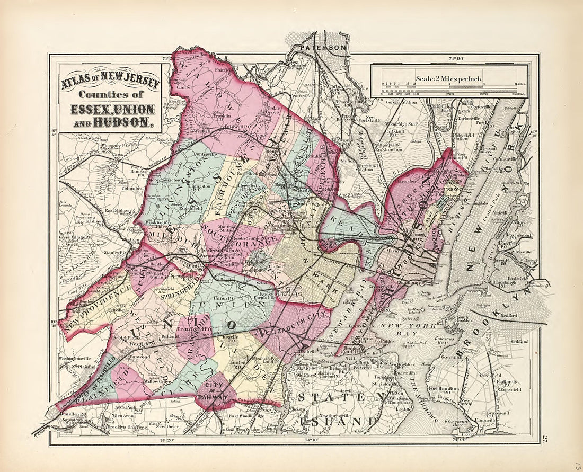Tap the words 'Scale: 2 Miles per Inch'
pyautogui.click(x=448, y=79)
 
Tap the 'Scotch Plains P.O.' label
pyautogui.click(x=128, y=340)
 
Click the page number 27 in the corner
pyautogui.click(x=544, y=438)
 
